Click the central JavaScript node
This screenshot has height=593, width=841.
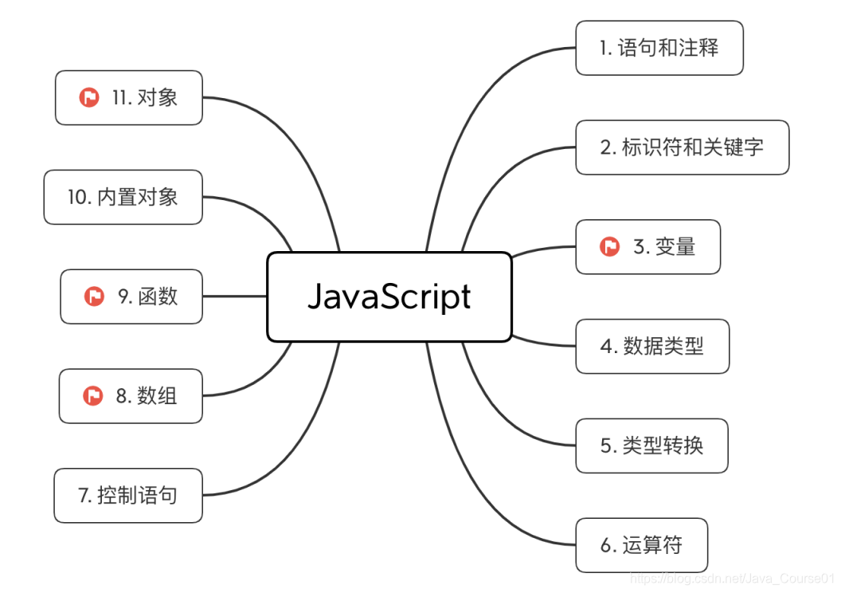(389, 296)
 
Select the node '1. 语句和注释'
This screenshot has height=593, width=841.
(659, 48)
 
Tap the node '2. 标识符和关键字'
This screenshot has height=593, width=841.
(682, 147)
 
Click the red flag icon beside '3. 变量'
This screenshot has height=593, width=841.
(610, 247)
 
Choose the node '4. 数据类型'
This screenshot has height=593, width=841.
(652, 346)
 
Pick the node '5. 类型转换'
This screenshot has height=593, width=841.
(651, 446)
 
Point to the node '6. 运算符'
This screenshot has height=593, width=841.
(641, 545)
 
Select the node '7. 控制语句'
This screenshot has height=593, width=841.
(128, 496)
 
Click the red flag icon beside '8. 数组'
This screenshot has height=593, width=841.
(93, 396)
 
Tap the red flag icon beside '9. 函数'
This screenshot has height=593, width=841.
(94, 296)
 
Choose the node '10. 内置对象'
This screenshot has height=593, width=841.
(123, 197)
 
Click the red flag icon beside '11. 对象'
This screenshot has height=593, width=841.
(88, 98)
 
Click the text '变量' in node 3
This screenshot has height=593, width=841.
(675, 247)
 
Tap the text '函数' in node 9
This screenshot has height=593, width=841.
(158, 296)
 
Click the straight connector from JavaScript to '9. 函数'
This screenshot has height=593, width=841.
(234, 296)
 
